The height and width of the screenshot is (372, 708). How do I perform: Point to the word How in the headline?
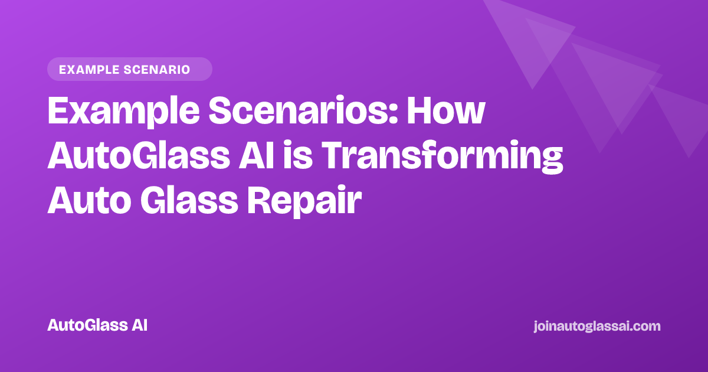445,110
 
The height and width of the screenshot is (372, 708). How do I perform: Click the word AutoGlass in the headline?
139,155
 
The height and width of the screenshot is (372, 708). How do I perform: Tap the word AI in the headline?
257,155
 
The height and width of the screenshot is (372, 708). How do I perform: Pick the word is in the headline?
298,154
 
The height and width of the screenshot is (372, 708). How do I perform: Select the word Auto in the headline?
89,200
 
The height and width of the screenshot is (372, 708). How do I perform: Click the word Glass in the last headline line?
189,200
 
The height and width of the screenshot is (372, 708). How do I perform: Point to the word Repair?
304,202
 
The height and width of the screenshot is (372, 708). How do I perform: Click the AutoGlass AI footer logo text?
97,325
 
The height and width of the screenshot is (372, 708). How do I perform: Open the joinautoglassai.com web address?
597,327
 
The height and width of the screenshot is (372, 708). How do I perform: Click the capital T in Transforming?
334,155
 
